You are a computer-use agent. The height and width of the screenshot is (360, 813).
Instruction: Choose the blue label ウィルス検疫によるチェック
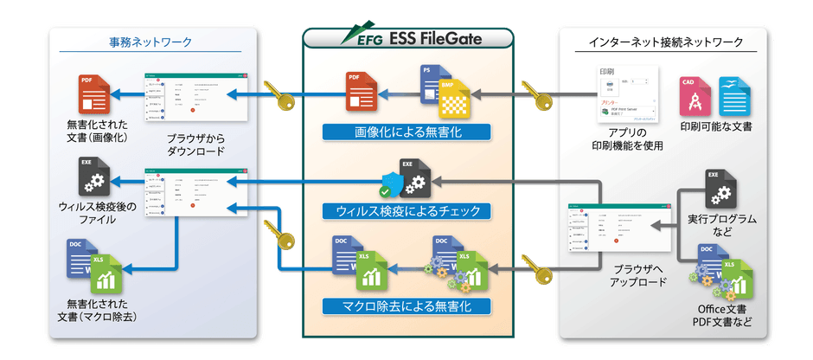[406, 210]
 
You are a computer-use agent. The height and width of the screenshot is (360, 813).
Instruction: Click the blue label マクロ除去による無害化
[406, 305]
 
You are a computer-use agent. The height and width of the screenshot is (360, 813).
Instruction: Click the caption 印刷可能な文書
[715, 127]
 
